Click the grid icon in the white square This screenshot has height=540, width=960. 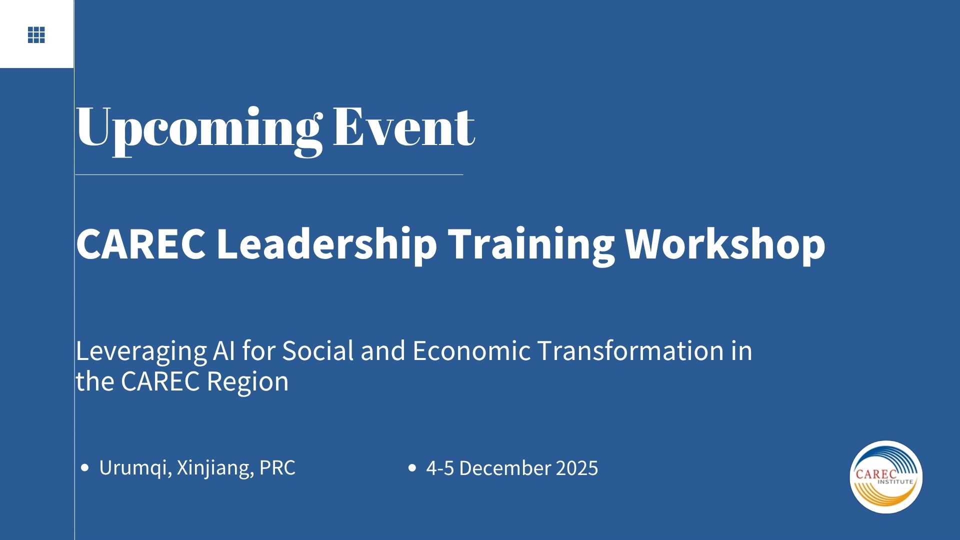(x=36, y=35)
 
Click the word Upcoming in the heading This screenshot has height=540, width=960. (x=198, y=129)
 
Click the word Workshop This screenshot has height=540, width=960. (x=725, y=244)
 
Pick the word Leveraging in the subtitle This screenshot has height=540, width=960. (x=141, y=351)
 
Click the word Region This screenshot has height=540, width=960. (x=247, y=382)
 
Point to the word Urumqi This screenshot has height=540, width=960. (x=132, y=468)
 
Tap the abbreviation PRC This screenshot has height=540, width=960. (x=277, y=467)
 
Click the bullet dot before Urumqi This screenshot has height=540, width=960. (x=85, y=468)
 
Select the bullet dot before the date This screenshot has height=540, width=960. (x=412, y=468)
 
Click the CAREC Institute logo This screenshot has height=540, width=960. (x=886, y=476)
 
